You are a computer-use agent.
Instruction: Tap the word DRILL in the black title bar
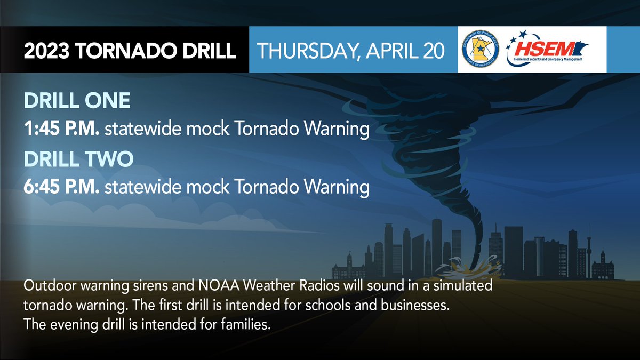point(205,52)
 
